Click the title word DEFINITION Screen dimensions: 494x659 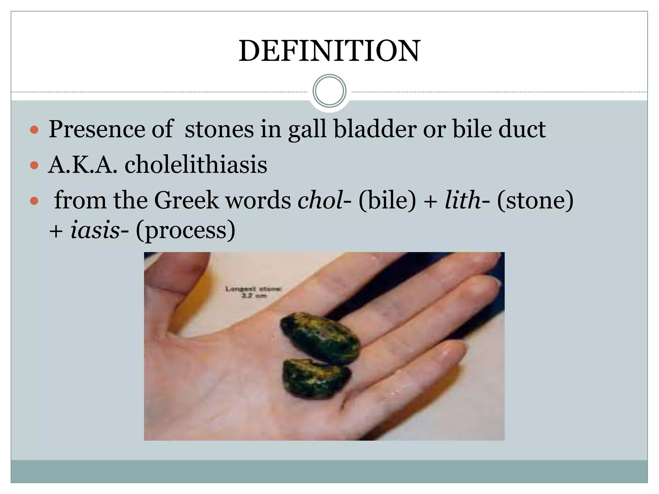coord(329,51)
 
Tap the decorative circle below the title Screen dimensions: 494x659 coord(329,91)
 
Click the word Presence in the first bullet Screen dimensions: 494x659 coord(97,129)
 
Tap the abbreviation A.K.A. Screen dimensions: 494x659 coord(82,165)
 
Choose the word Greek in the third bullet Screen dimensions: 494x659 coord(186,200)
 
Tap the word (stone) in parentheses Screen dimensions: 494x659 coord(535,200)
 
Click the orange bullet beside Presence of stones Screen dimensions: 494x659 coord(34,130)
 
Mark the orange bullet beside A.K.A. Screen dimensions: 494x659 coord(34,166)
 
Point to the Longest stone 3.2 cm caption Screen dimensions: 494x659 coord(254,292)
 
